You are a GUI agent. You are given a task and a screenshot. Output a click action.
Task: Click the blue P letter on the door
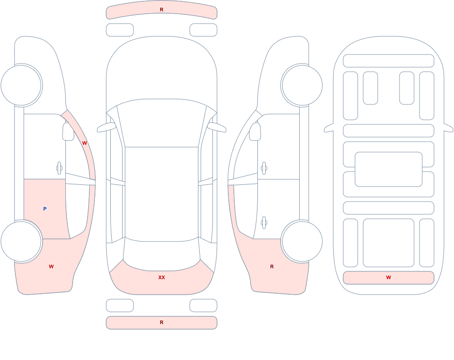coord(44,209)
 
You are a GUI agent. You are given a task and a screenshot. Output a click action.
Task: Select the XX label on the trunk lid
coord(162,277)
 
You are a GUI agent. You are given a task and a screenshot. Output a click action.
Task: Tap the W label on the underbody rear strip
coord(389,277)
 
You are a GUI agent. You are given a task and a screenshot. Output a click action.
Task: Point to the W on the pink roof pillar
coord(84,143)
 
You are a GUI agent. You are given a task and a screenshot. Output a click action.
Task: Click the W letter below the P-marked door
coord(51,266)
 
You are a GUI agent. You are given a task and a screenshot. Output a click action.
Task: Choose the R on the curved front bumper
coord(162,10)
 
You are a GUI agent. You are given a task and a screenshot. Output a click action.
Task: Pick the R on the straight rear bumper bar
coord(162,322)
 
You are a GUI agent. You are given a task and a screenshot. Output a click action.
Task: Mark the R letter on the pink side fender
coord(272,266)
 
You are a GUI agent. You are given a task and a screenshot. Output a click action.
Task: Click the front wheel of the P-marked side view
coord(21,85)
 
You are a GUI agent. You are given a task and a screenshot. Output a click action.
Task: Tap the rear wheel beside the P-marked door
coord(21,241)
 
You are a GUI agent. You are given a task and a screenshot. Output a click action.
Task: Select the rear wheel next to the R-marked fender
coord(302,241)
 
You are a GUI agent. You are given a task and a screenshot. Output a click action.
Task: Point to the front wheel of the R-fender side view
coord(302,85)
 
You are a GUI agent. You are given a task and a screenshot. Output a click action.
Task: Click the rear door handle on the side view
coord(264,222)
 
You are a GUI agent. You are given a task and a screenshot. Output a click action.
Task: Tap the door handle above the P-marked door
coord(59,168)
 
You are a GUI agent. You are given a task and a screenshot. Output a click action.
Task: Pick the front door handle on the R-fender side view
coord(264,168)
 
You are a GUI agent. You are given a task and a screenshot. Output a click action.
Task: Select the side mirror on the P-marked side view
coord(68,132)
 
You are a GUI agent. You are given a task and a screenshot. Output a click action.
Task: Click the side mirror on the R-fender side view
coord(255,132)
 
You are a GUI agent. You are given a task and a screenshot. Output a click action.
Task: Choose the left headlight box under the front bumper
coord(120,30)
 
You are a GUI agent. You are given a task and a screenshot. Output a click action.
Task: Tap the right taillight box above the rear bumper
coord(203,306)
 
